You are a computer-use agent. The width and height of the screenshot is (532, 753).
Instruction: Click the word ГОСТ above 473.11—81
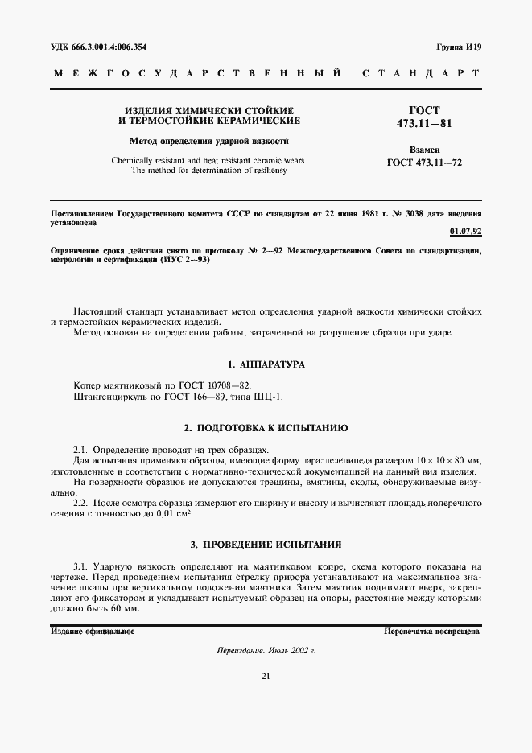(x=424, y=109)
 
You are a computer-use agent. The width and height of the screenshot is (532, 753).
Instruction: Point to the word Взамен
(x=424, y=150)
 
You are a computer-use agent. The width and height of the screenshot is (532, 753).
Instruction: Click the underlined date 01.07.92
(x=465, y=232)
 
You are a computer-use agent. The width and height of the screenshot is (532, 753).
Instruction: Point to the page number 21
(x=266, y=676)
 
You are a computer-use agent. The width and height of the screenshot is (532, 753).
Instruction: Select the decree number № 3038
(x=398, y=214)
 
